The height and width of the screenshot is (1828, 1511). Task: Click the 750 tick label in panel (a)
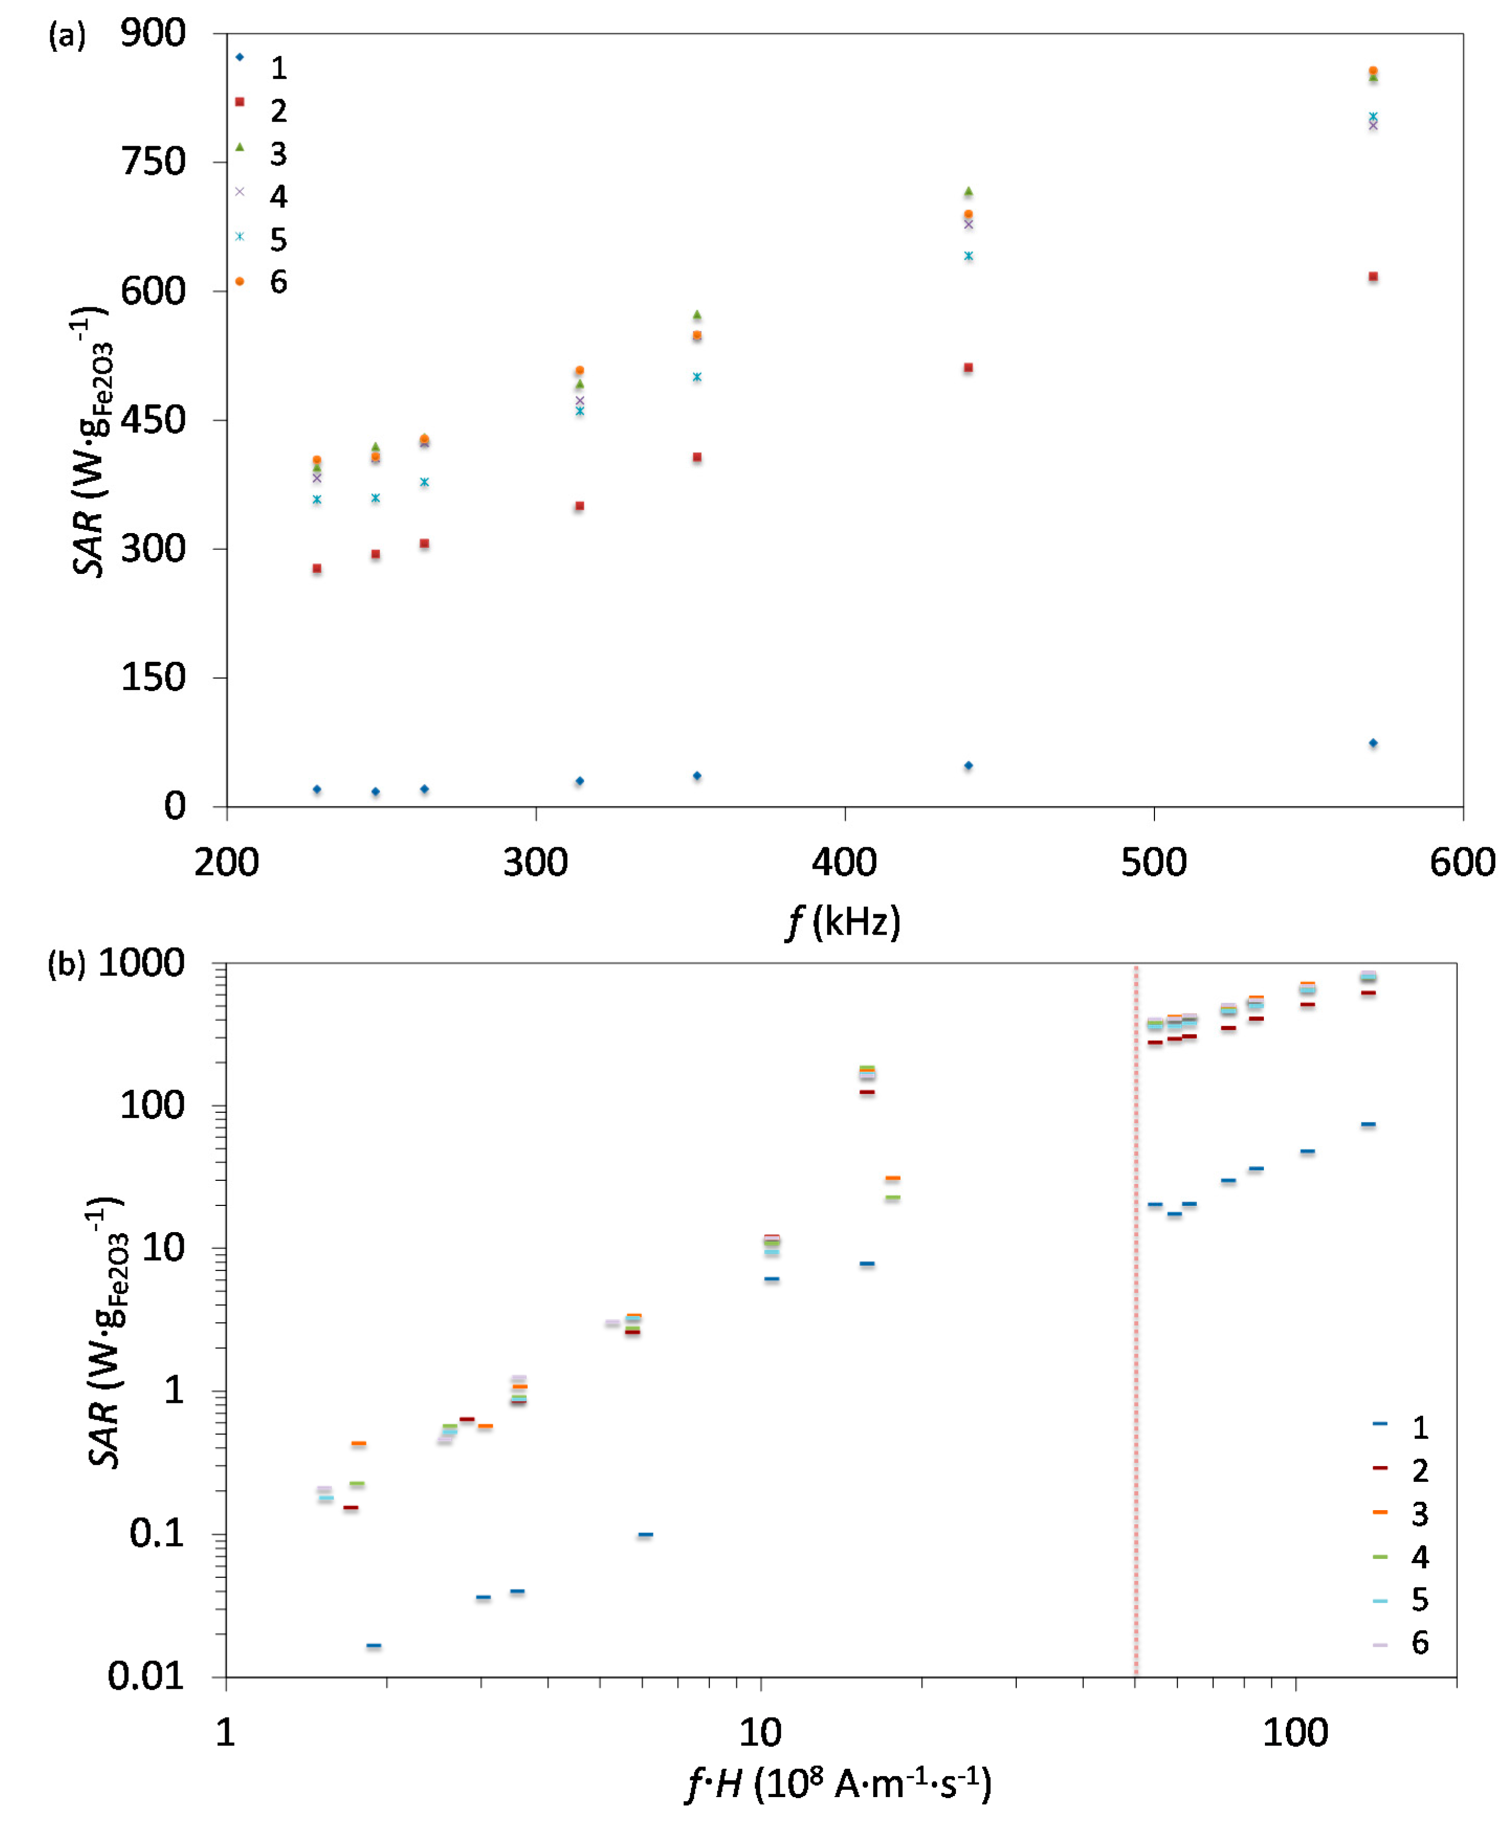(x=153, y=162)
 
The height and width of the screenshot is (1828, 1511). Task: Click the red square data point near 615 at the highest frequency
(x=1373, y=277)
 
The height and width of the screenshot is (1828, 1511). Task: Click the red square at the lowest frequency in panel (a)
(x=317, y=569)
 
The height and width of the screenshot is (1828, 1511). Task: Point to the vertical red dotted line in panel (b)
(x=1136, y=1306)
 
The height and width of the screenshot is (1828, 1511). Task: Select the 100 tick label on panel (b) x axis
(x=1295, y=1733)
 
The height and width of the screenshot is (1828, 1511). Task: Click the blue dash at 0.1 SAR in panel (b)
(x=645, y=1535)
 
